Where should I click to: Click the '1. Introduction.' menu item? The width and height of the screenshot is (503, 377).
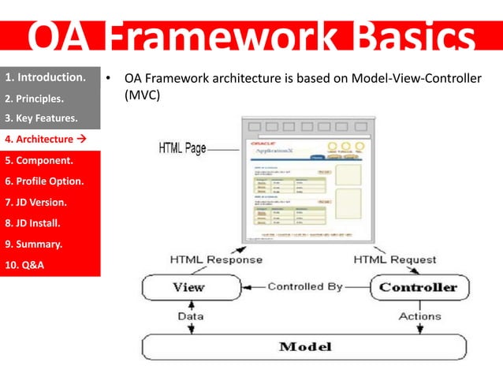click(45, 78)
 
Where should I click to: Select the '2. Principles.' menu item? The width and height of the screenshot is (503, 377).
click(35, 99)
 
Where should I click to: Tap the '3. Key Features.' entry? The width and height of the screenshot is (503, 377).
click(41, 119)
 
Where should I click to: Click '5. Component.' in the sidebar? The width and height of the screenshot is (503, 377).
click(39, 161)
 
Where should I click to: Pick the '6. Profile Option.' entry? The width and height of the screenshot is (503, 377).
click(44, 181)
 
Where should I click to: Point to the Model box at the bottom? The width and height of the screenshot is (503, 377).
click(305, 347)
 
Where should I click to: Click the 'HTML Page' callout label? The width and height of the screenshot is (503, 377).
click(182, 148)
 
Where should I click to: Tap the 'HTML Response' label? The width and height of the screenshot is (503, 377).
click(216, 259)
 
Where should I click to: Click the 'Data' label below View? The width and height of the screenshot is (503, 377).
click(189, 316)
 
